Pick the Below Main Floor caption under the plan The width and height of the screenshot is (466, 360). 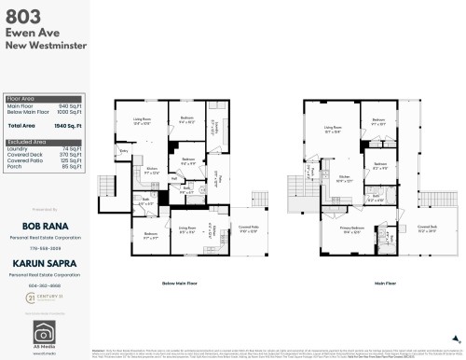point(180,282)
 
